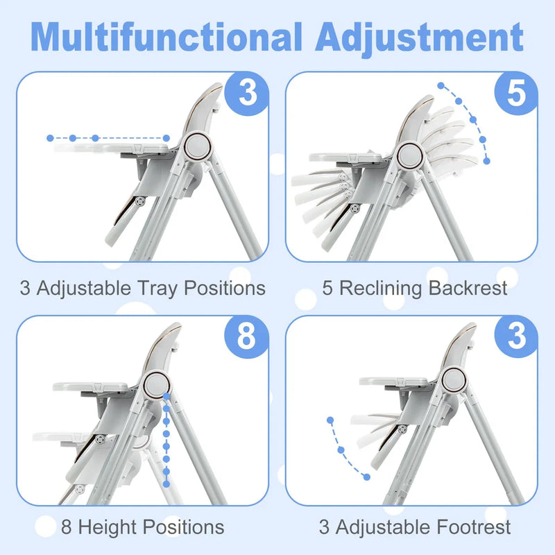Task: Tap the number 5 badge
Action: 517,93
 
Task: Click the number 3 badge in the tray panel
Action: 248,93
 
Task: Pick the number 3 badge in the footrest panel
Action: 517,336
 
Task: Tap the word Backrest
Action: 470,288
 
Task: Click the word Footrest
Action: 473,527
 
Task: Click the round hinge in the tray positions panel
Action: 198,146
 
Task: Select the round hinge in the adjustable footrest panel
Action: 454,379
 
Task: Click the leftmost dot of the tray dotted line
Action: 50,138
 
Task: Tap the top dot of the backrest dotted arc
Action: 441,86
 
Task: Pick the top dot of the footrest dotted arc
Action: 330,420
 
